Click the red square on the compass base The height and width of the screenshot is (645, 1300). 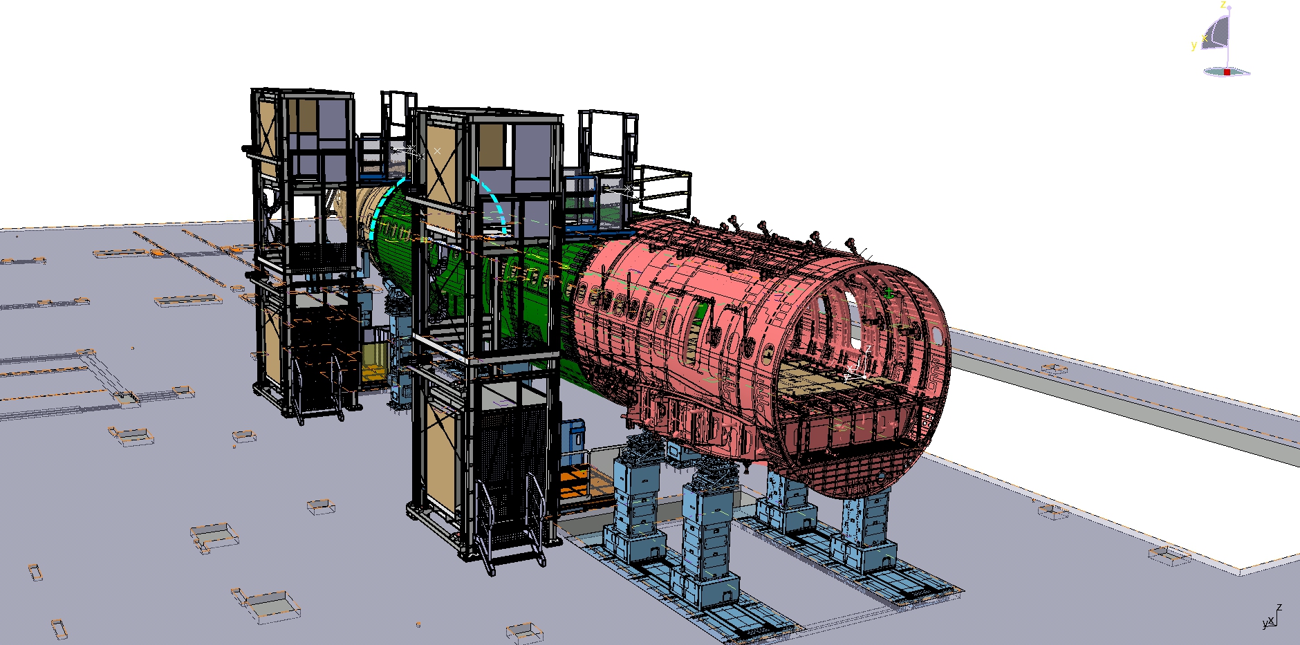[x=1227, y=72]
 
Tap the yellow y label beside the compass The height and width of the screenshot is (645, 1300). [x=1194, y=46]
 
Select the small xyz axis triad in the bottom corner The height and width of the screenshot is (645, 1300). [x=1272, y=617]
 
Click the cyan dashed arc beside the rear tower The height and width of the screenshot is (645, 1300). [x=384, y=207]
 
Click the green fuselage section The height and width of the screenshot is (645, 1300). [x=484, y=277]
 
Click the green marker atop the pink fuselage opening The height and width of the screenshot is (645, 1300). [x=889, y=293]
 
